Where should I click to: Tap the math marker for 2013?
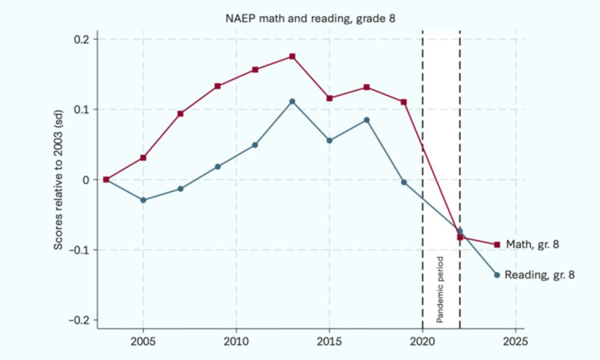[x=292, y=56]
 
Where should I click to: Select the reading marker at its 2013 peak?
[x=292, y=101]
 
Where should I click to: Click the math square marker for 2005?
[x=143, y=158]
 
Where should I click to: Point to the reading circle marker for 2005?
[x=143, y=200]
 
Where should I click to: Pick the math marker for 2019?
[x=404, y=102]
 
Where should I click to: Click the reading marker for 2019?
[x=404, y=182]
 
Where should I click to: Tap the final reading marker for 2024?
[x=497, y=275]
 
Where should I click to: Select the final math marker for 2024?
[x=497, y=245]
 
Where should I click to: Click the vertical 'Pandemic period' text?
[x=440, y=290]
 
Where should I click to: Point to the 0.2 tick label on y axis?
[x=80, y=40]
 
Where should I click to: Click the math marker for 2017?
[x=367, y=87]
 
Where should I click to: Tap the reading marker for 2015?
[x=329, y=140]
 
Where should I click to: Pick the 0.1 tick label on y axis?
[x=80, y=110]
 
